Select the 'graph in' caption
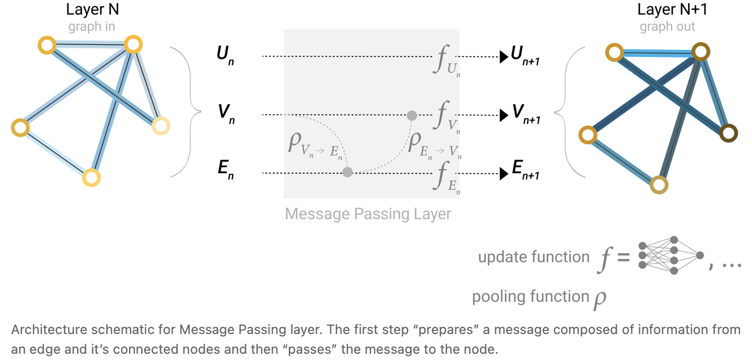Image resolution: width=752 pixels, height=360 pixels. [x=91, y=26]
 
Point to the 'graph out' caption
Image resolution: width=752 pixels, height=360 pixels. [x=667, y=26]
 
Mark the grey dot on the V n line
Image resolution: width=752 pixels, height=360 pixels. [x=412, y=115]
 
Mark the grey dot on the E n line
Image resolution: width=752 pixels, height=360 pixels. [x=347, y=172]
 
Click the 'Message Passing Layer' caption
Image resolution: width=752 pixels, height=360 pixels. [x=368, y=214]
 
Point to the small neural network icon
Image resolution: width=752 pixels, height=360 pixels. [x=671, y=255]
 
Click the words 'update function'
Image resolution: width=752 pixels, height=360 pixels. [x=534, y=257]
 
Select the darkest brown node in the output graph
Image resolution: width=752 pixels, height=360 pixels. [x=728, y=133]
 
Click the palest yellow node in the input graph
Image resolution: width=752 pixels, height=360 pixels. [x=161, y=125]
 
